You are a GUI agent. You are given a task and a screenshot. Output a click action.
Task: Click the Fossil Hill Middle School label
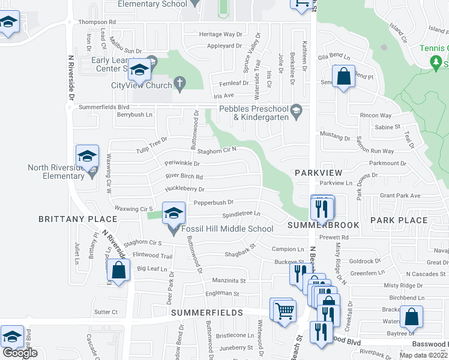[x=228, y=229]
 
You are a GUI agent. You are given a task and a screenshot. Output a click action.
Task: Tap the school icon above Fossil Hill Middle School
[x=173, y=212]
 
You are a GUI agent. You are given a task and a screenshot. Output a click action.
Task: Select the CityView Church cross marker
[x=179, y=82]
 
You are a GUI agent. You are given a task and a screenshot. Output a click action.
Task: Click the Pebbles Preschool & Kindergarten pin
[x=296, y=111]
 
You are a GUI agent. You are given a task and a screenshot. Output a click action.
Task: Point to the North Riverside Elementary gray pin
[x=92, y=173]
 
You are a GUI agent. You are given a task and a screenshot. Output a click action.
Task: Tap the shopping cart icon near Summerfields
[x=284, y=310]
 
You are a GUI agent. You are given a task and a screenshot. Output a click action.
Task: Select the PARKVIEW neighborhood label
[x=318, y=173]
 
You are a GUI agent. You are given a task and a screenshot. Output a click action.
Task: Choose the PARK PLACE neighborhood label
[x=399, y=220]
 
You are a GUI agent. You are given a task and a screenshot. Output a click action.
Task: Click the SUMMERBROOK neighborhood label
[x=323, y=225]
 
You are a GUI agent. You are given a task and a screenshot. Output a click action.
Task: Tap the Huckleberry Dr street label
[x=185, y=189]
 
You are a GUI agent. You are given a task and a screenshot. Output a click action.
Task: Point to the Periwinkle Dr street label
[x=182, y=163]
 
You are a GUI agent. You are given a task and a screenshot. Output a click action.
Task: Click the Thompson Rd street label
[x=97, y=22]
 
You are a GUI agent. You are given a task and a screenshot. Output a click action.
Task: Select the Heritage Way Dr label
[x=220, y=35]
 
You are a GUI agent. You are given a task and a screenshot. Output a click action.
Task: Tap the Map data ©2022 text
[x=423, y=355]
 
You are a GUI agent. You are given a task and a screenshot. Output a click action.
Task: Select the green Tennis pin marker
[x=436, y=61]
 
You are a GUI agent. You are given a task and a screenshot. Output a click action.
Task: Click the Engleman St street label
[x=223, y=294]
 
